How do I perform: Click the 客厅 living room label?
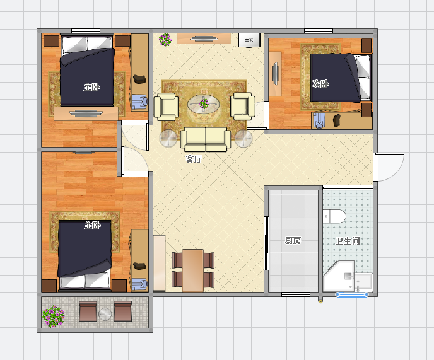[x=194, y=159]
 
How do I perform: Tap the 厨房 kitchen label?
[x=293, y=241]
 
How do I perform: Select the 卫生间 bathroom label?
[x=348, y=241]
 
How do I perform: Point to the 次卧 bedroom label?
[x=320, y=84]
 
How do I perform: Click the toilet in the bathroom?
[x=334, y=216]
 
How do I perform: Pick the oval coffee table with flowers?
[x=204, y=104]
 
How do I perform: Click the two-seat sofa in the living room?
[x=206, y=139]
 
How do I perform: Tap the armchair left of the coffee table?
[x=166, y=107]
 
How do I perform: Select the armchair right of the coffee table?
[x=243, y=107]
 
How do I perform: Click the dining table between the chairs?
[x=193, y=270]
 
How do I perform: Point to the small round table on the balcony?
[x=105, y=314]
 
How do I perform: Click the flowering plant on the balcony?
[x=54, y=316]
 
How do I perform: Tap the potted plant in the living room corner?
[x=165, y=40]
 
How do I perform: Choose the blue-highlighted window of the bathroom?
[x=352, y=294]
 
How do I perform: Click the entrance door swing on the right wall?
[x=389, y=167]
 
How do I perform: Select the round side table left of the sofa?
[x=168, y=138]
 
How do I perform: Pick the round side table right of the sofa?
[x=243, y=138]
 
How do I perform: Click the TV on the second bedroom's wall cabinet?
[x=275, y=74]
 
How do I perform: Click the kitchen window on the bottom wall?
[x=296, y=294]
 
